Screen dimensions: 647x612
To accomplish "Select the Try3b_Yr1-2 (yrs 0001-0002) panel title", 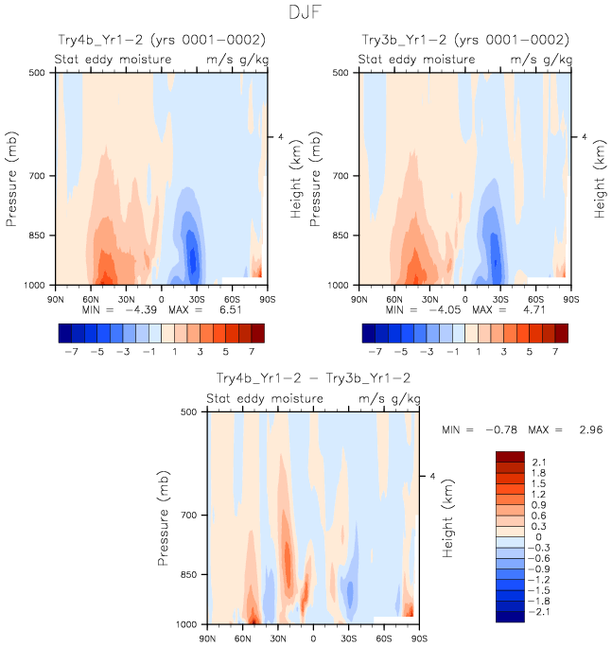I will point(465,40).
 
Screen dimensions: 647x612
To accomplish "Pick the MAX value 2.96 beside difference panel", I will point(586,429).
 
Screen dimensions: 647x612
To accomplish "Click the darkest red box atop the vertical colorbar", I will point(510,457).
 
